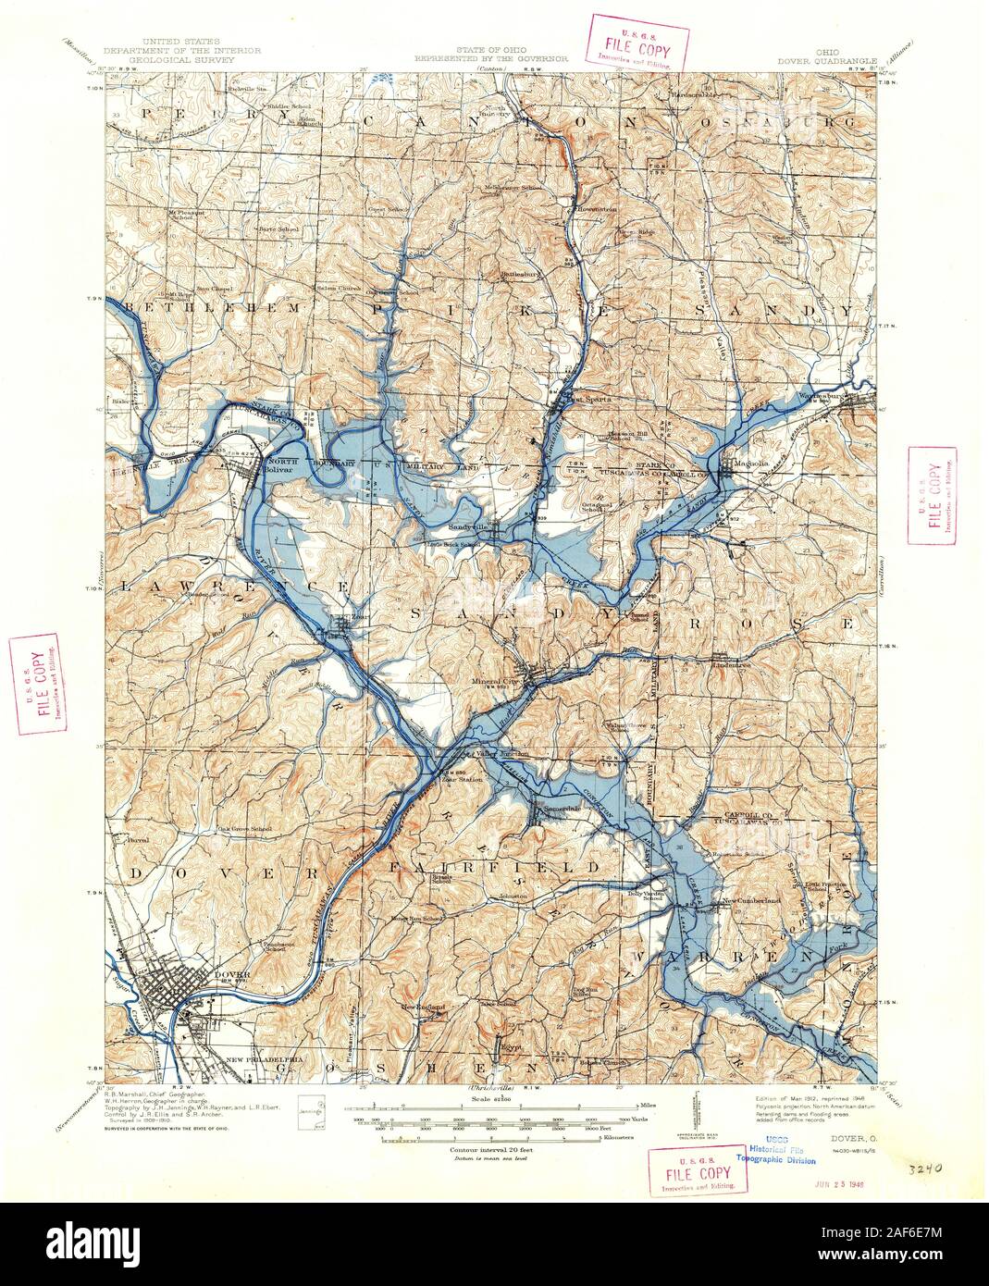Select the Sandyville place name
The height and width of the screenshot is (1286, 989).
pyautogui.click(x=467, y=527)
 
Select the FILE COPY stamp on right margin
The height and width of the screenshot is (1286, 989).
pyautogui.click(x=933, y=496)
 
